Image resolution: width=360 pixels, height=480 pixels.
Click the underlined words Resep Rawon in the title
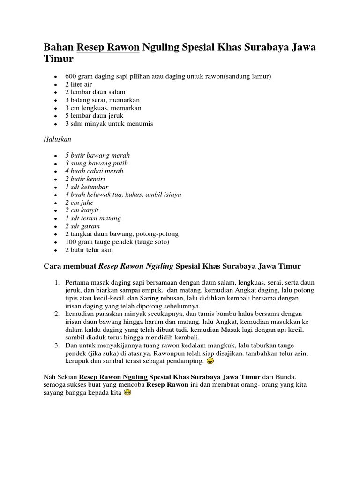pyautogui.click(x=108, y=48)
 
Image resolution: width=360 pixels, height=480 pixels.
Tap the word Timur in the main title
pyautogui.click(x=59, y=60)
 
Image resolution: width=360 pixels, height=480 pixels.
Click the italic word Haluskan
pyautogui.click(x=57, y=140)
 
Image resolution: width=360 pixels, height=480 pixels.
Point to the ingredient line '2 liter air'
pyautogui.click(x=79, y=84)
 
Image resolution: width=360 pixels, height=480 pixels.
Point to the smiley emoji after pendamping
pyautogui.click(x=210, y=361)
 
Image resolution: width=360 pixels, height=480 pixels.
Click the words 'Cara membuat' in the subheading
pyautogui.click(x=70, y=266)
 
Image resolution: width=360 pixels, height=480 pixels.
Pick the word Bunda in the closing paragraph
pyautogui.click(x=286, y=377)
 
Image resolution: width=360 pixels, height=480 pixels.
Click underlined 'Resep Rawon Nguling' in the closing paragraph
pyautogui.click(x=113, y=377)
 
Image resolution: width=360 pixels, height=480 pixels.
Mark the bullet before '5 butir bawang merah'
pyautogui.click(x=55, y=156)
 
